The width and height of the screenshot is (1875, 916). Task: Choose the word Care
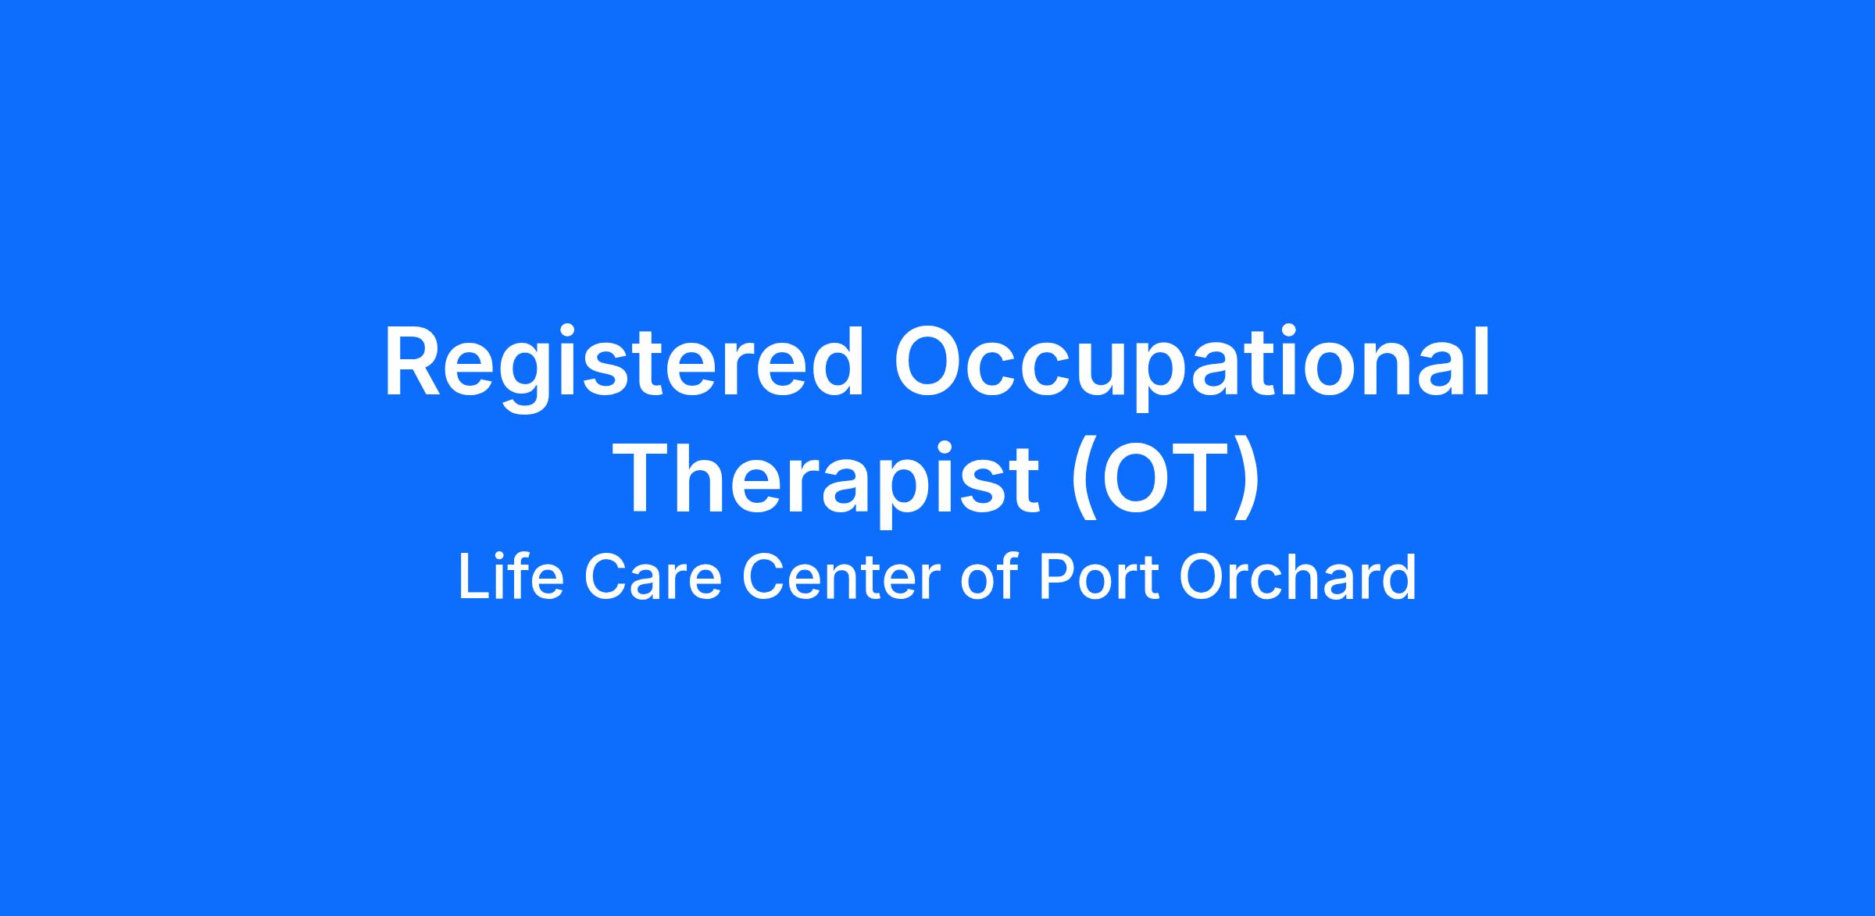pos(652,578)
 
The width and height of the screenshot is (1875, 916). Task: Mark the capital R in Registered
pos(416,364)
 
